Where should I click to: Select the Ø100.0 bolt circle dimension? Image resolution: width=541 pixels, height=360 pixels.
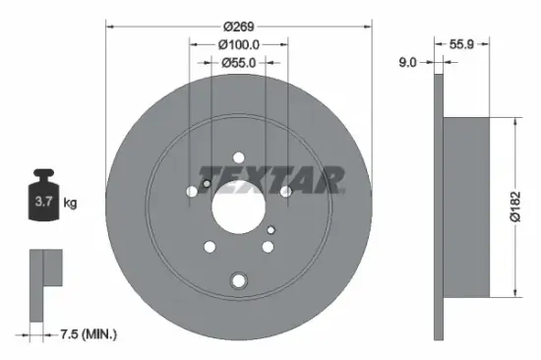239,44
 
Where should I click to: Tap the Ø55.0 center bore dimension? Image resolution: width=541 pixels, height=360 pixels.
238,62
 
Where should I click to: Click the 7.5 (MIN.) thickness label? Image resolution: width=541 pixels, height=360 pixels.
85,335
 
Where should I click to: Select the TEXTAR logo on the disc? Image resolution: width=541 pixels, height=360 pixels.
272,179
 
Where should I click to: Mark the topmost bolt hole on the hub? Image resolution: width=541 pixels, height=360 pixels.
238,157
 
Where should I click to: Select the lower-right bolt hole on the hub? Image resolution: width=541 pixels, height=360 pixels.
267,248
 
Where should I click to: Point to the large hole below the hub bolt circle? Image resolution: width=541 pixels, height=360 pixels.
238,279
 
